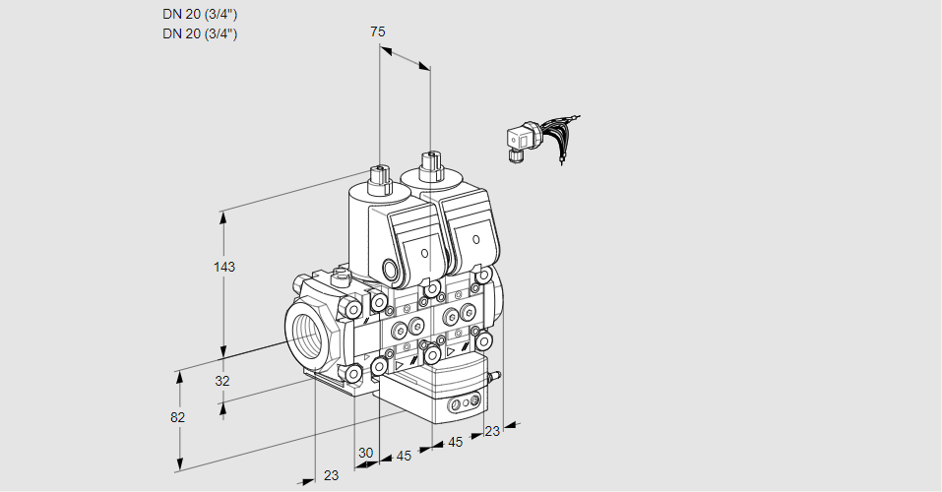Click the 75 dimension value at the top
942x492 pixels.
378,31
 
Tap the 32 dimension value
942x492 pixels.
222,381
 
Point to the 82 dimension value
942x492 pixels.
177,417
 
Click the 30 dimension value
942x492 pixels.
366,453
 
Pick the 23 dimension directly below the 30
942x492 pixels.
331,475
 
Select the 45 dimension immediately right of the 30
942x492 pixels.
404,456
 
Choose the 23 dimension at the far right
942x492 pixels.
492,430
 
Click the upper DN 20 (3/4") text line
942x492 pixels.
200,14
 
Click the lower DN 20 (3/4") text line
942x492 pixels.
200,33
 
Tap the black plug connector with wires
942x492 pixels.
519,142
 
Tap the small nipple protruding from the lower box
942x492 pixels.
495,375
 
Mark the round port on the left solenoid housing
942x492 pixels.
392,269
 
